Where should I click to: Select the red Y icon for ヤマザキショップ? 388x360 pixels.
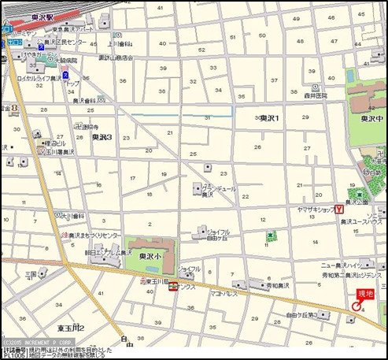click(x=339, y=209)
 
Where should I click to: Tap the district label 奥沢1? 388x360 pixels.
click(x=272, y=117)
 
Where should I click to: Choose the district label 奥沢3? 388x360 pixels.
click(x=102, y=136)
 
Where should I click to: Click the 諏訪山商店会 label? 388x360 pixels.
click(x=116, y=58)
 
